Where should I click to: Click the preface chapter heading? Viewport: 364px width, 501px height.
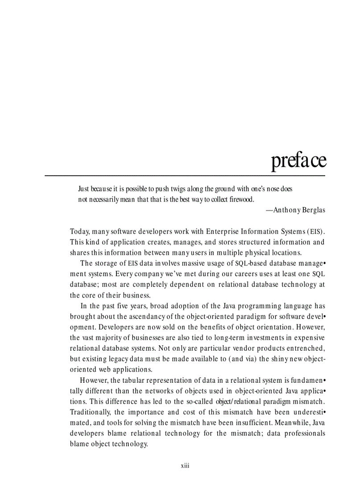coord(298,161)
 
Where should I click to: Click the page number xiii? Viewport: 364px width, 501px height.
coord(185,466)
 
